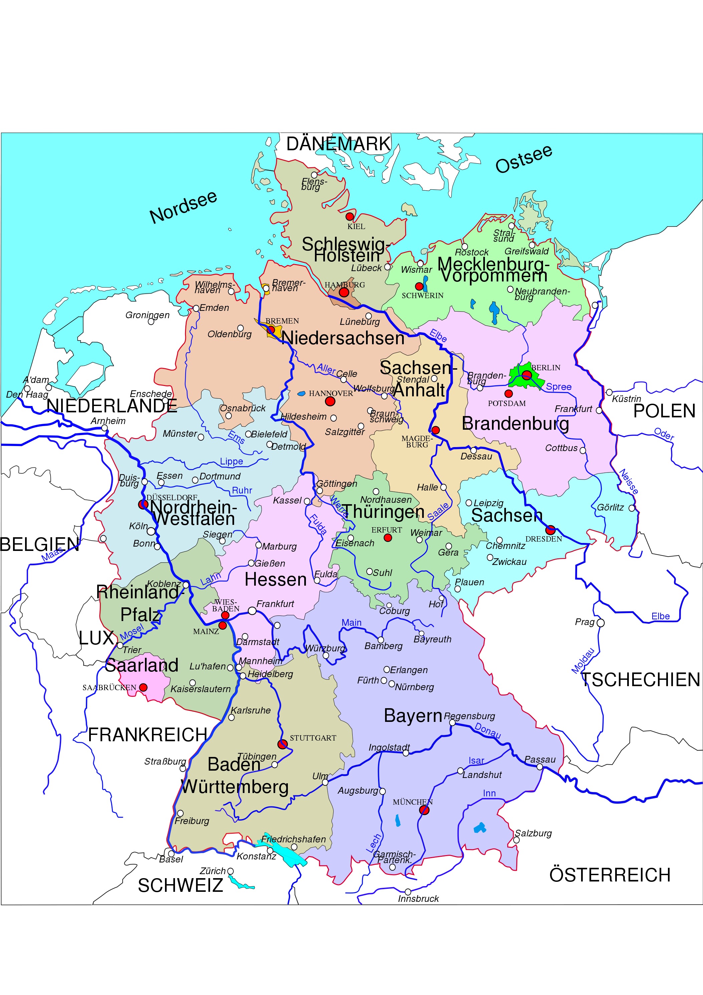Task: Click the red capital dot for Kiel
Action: pyautogui.click(x=349, y=216)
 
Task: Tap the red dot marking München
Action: pyautogui.click(x=424, y=810)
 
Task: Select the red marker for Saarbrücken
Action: pyautogui.click(x=143, y=687)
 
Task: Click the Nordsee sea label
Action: pyautogui.click(x=183, y=207)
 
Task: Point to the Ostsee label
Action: pyautogui.click(x=524, y=159)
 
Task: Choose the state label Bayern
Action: pyautogui.click(x=412, y=716)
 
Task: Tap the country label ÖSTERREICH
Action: pyautogui.click(x=610, y=874)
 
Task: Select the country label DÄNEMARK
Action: pyautogui.click(x=339, y=144)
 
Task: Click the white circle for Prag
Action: pyautogui.click(x=600, y=623)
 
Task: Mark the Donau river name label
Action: pyautogui.click(x=488, y=731)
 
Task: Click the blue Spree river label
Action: pyautogui.click(x=558, y=387)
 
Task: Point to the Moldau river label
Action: pyautogui.click(x=583, y=661)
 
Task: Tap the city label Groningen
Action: pyautogui.click(x=147, y=315)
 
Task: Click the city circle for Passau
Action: pyautogui.click(x=540, y=767)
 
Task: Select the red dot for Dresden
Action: pyautogui.click(x=550, y=530)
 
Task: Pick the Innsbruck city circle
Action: pyautogui.click(x=407, y=892)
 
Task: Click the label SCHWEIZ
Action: pyautogui.click(x=180, y=885)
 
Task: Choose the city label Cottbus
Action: pyautogui.click(x=561, y=448)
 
